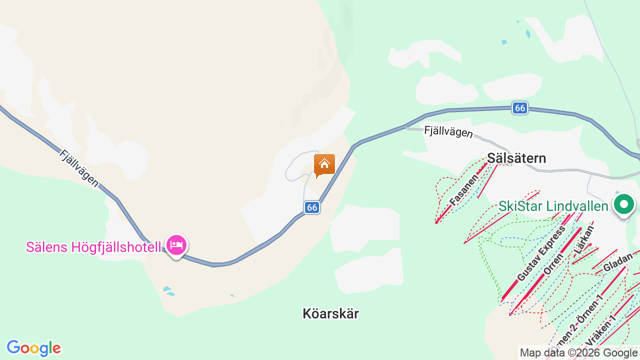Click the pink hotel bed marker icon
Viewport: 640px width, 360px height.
point(176,245)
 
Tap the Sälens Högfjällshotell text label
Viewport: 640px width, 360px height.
point(93,247)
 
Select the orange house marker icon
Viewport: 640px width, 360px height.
point(324,164)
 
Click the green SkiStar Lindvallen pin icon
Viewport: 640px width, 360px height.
point(623,204)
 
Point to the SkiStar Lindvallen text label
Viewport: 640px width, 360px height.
point(553,206)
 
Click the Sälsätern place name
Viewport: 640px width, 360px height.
point(516,158)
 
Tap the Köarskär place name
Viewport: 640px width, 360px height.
point(330,313)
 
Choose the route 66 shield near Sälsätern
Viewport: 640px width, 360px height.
point(520,108)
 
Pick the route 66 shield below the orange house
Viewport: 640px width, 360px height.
point(312,207)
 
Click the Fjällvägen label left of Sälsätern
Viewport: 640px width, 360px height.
point(448,131)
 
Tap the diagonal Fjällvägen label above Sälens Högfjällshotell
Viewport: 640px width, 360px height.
point(79,168)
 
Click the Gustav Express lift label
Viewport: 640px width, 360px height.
point(541,253)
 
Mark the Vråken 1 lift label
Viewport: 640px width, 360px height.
point(600,329)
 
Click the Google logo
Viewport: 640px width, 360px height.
point(33,348)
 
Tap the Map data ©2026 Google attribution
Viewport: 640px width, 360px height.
point(578,353)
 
